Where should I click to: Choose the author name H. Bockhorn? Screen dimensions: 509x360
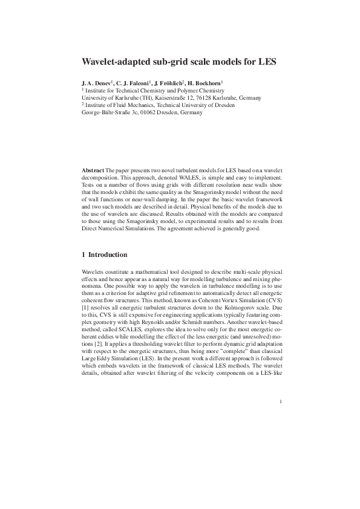point(206,82)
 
